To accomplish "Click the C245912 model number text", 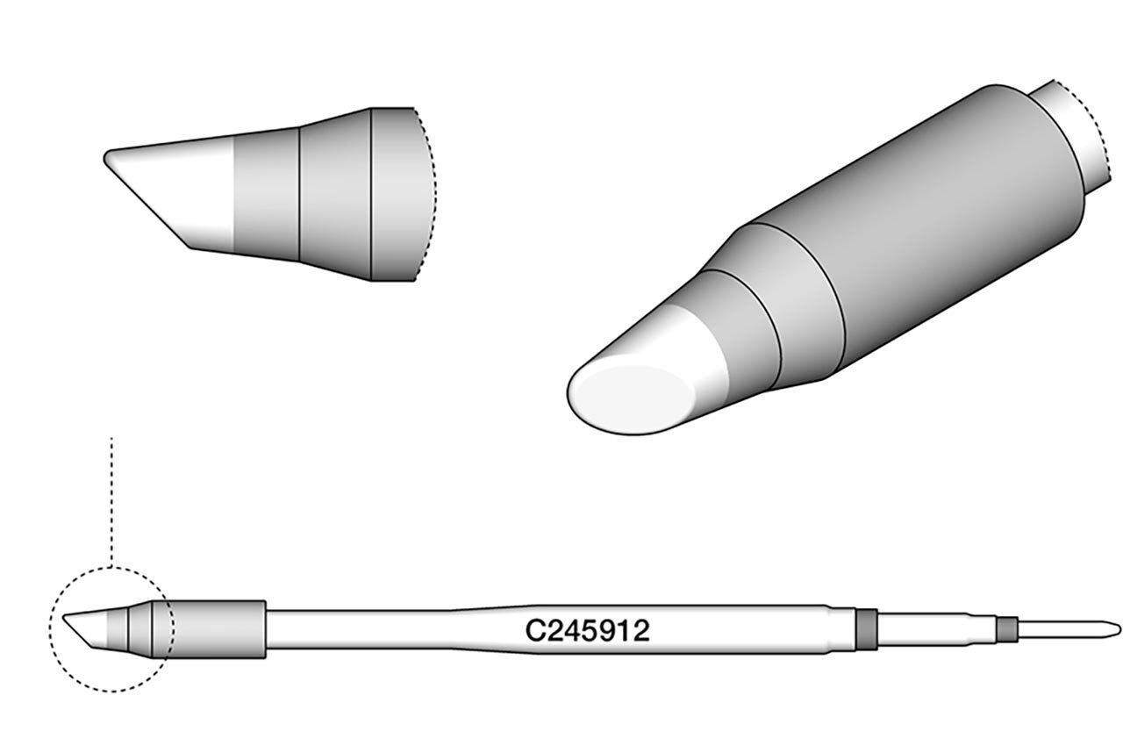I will [x=587, y=631].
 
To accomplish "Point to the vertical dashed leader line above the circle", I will [x=112, y=500].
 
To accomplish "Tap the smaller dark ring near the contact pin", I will [x=1007, y=628].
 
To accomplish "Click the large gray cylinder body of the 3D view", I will [x=930, y=219].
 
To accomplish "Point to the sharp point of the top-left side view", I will [x=106, y=158].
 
